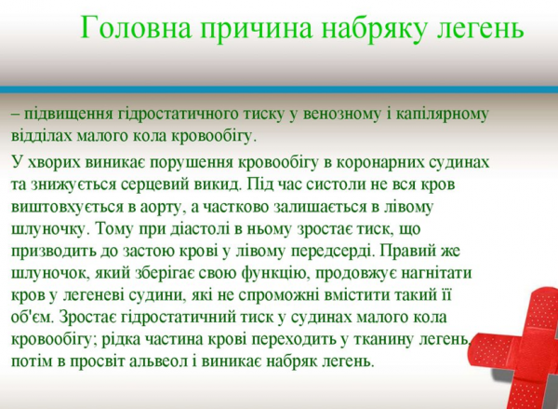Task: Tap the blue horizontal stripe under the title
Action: pos(279,90)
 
